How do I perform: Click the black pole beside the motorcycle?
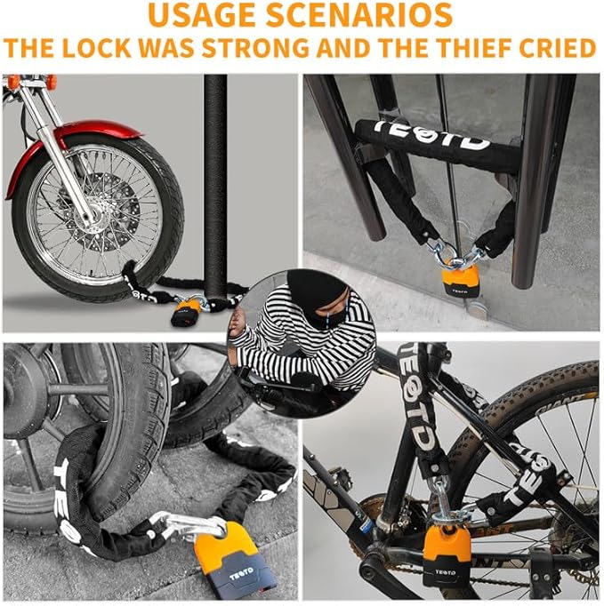(215, 178)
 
